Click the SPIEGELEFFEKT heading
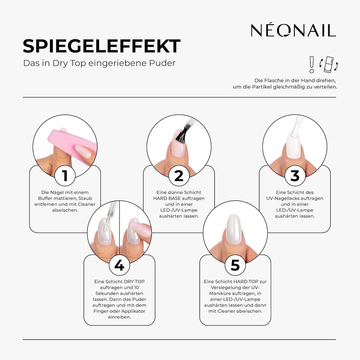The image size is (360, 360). (102, 46)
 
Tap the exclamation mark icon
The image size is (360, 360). (312, 64)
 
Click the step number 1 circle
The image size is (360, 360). (65, 176)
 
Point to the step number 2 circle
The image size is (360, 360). (179, 176)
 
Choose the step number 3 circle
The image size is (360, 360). (295, 176)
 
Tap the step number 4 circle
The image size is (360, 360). (119, 265)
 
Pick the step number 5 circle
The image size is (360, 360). (235, 265)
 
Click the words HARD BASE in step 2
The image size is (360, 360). (168, 198)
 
